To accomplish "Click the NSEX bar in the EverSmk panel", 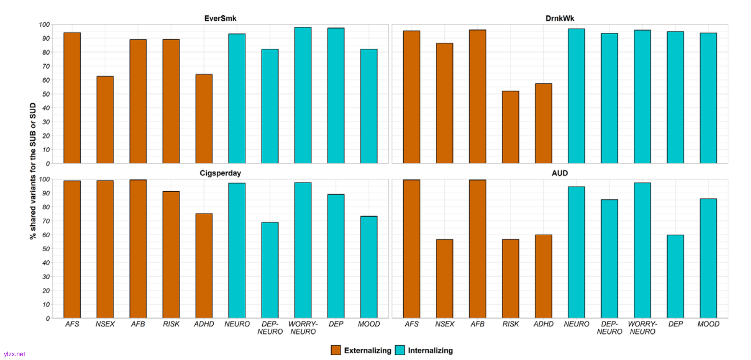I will [105, 120].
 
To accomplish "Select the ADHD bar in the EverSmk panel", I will [204, 119].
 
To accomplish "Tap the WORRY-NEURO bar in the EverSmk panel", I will [303, 95].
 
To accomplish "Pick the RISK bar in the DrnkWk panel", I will [511, 127].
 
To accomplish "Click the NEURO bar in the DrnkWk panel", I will [576, 96].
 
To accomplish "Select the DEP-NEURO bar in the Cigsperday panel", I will [270, 270].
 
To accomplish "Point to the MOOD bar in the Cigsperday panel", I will [369, 267].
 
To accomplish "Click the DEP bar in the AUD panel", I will [675, 277].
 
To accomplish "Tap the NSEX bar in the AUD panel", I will [445, 279].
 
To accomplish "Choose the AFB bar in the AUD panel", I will [477, 249].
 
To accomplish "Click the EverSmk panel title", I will [220, 18].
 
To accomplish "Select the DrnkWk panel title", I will [560, 18].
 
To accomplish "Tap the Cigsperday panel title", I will [220, 173].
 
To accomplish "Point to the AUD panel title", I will [560, 173].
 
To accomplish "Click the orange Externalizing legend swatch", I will [336, 350].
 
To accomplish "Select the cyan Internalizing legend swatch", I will [400, 350].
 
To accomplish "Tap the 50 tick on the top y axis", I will [46, 94].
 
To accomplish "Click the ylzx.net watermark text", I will [14, 354].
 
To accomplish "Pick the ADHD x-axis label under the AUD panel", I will [543, 324].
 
